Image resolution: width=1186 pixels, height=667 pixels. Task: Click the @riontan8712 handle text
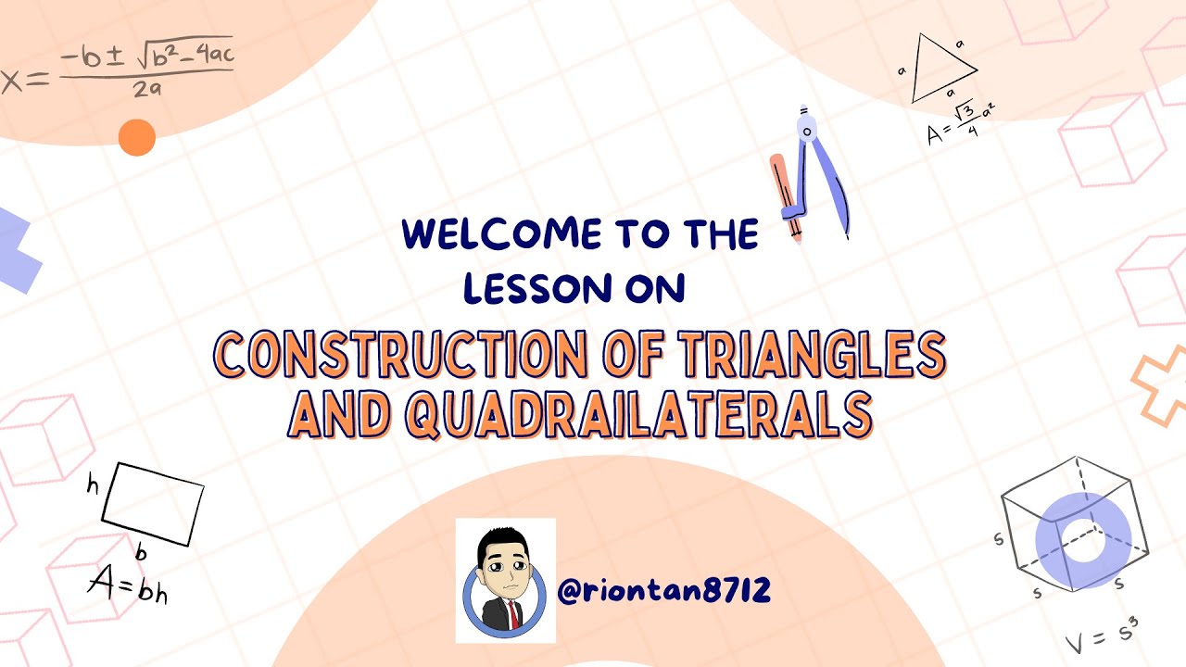tap(665, 590)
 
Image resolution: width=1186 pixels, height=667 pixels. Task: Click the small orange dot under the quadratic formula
tap(137, 139)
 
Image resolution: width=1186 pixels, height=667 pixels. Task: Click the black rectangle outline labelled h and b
tap(152, 504)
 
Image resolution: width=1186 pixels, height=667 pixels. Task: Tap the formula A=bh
tap(128, 585)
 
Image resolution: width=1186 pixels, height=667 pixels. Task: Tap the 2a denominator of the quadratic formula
tap(146, 90)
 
